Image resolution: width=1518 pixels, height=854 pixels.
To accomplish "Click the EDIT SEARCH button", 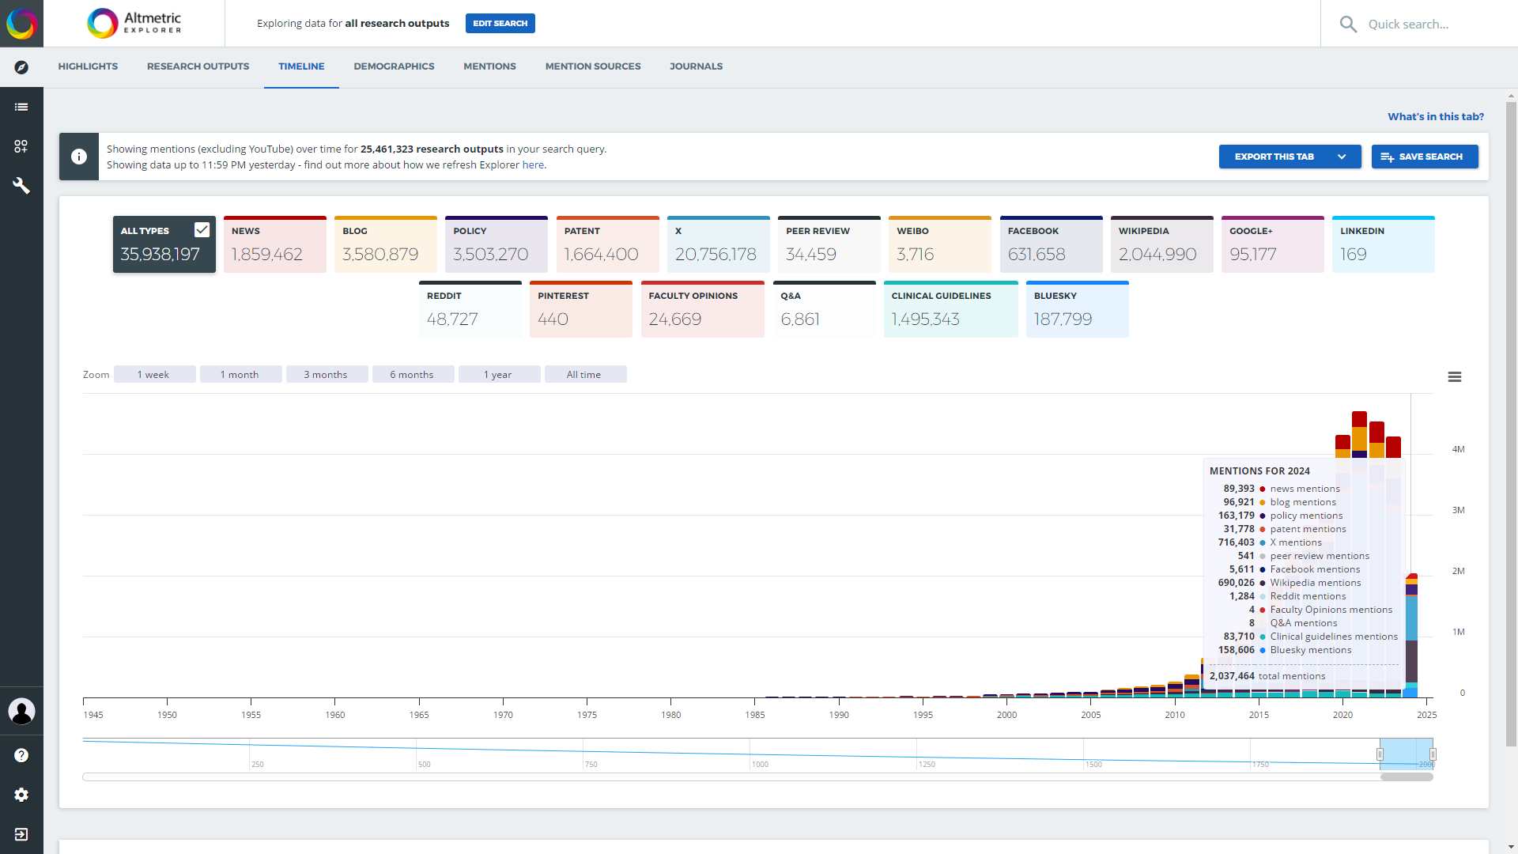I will pos(500,24).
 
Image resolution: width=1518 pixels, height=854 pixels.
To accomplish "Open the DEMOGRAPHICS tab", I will pos(394,66).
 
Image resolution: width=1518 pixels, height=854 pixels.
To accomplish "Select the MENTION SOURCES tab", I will pos(592,66).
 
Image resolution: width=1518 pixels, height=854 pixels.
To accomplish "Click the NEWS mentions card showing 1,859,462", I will pos(274,245).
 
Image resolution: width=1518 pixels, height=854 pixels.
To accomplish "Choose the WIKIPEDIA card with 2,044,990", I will pos(1161,245).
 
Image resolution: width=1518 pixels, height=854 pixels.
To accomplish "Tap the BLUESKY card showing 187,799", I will pos(1077,310).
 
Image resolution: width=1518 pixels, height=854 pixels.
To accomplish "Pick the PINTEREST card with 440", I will pos(580,310).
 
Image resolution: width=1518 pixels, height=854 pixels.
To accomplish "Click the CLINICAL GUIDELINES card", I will pos(950,310).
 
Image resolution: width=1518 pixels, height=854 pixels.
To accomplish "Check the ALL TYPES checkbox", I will pos(202,229).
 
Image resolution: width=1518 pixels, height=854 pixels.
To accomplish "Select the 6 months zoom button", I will pos(412,375).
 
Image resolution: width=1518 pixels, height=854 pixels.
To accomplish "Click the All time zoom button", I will pos(584,375).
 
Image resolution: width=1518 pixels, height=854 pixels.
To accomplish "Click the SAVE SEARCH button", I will pos(1424,157).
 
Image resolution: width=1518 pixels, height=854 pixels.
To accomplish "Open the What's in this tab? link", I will pos(1435,116).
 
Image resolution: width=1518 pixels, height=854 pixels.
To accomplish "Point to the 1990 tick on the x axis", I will pos(839,714).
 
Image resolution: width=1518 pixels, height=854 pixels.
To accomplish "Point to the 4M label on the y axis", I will pos(1458,449).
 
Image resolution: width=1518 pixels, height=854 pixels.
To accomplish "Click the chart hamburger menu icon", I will pos(1454,377).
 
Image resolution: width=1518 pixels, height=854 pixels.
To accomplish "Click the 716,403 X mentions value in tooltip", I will pos(1236,542).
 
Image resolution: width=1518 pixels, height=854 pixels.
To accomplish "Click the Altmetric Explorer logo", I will pos(134,24).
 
